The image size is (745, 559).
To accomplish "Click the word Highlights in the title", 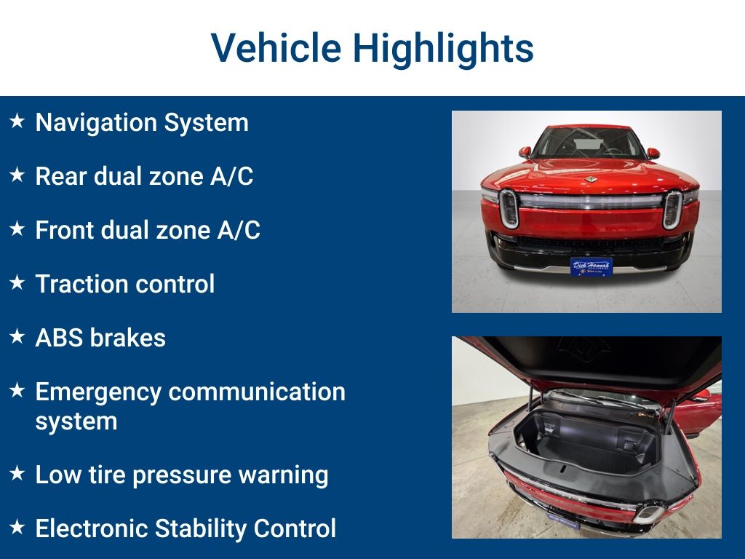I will [443, 49].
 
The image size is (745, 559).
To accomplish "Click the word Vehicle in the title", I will [276, 49].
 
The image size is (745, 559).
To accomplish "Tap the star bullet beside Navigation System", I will [17, 121].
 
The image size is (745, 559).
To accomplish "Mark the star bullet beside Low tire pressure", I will [17, 473].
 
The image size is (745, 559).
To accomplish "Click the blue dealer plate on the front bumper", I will [591, 266].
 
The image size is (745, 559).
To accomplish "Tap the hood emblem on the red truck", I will [590, 179].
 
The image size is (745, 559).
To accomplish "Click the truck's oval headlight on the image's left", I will [509, 209].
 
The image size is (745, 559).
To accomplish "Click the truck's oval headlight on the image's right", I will [672, 209].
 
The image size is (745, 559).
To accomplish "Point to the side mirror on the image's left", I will [525, 152].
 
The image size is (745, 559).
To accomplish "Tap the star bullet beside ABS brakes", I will [17, 336].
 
